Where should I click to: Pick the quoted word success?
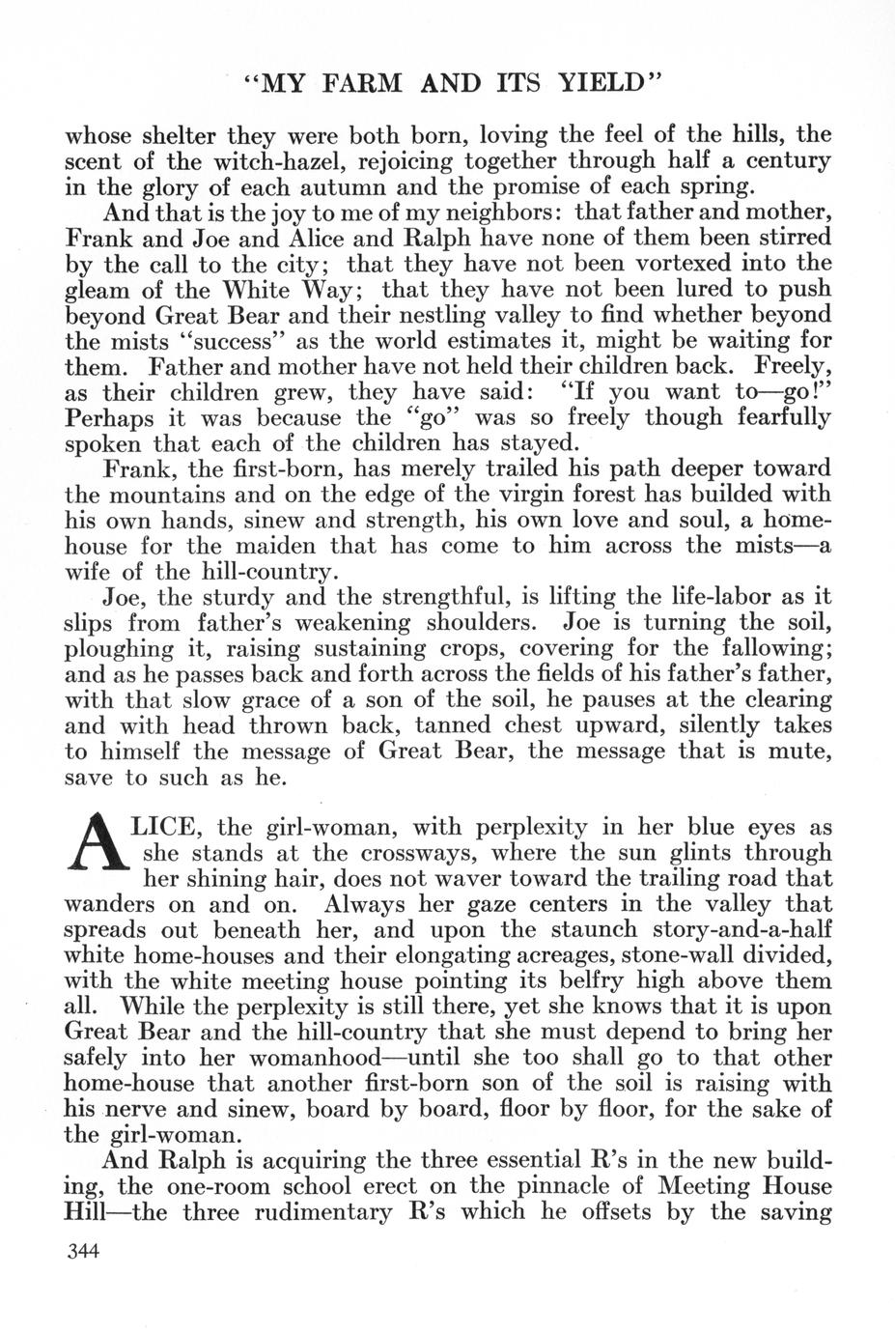(217, 341)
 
